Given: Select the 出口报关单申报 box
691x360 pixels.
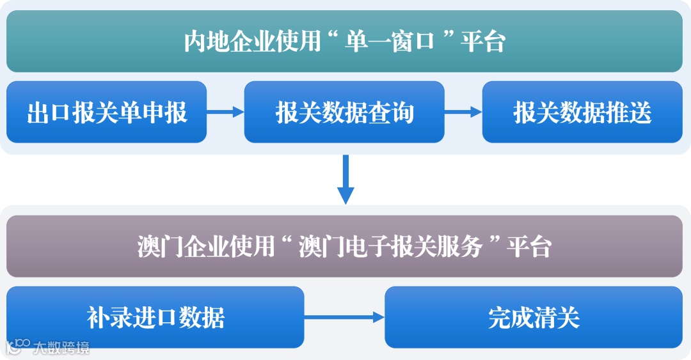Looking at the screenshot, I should point(107,112).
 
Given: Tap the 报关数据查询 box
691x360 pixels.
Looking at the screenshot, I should point(344,112).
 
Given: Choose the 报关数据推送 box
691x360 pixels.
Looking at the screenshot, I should point(582,112).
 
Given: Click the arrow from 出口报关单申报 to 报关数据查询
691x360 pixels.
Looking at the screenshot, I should point(225,112).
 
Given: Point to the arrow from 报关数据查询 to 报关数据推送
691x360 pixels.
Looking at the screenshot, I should point(463,112).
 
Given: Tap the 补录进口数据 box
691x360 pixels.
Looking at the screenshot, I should point(155,317).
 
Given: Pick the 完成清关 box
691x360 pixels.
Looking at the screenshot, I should point(534,317).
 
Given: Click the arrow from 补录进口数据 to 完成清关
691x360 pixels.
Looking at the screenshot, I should point(344,317).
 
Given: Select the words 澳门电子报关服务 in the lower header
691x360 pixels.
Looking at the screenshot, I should point(390,247).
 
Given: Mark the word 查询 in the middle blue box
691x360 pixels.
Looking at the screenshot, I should point(391,113).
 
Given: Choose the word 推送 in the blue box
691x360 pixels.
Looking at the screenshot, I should point(628,113).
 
